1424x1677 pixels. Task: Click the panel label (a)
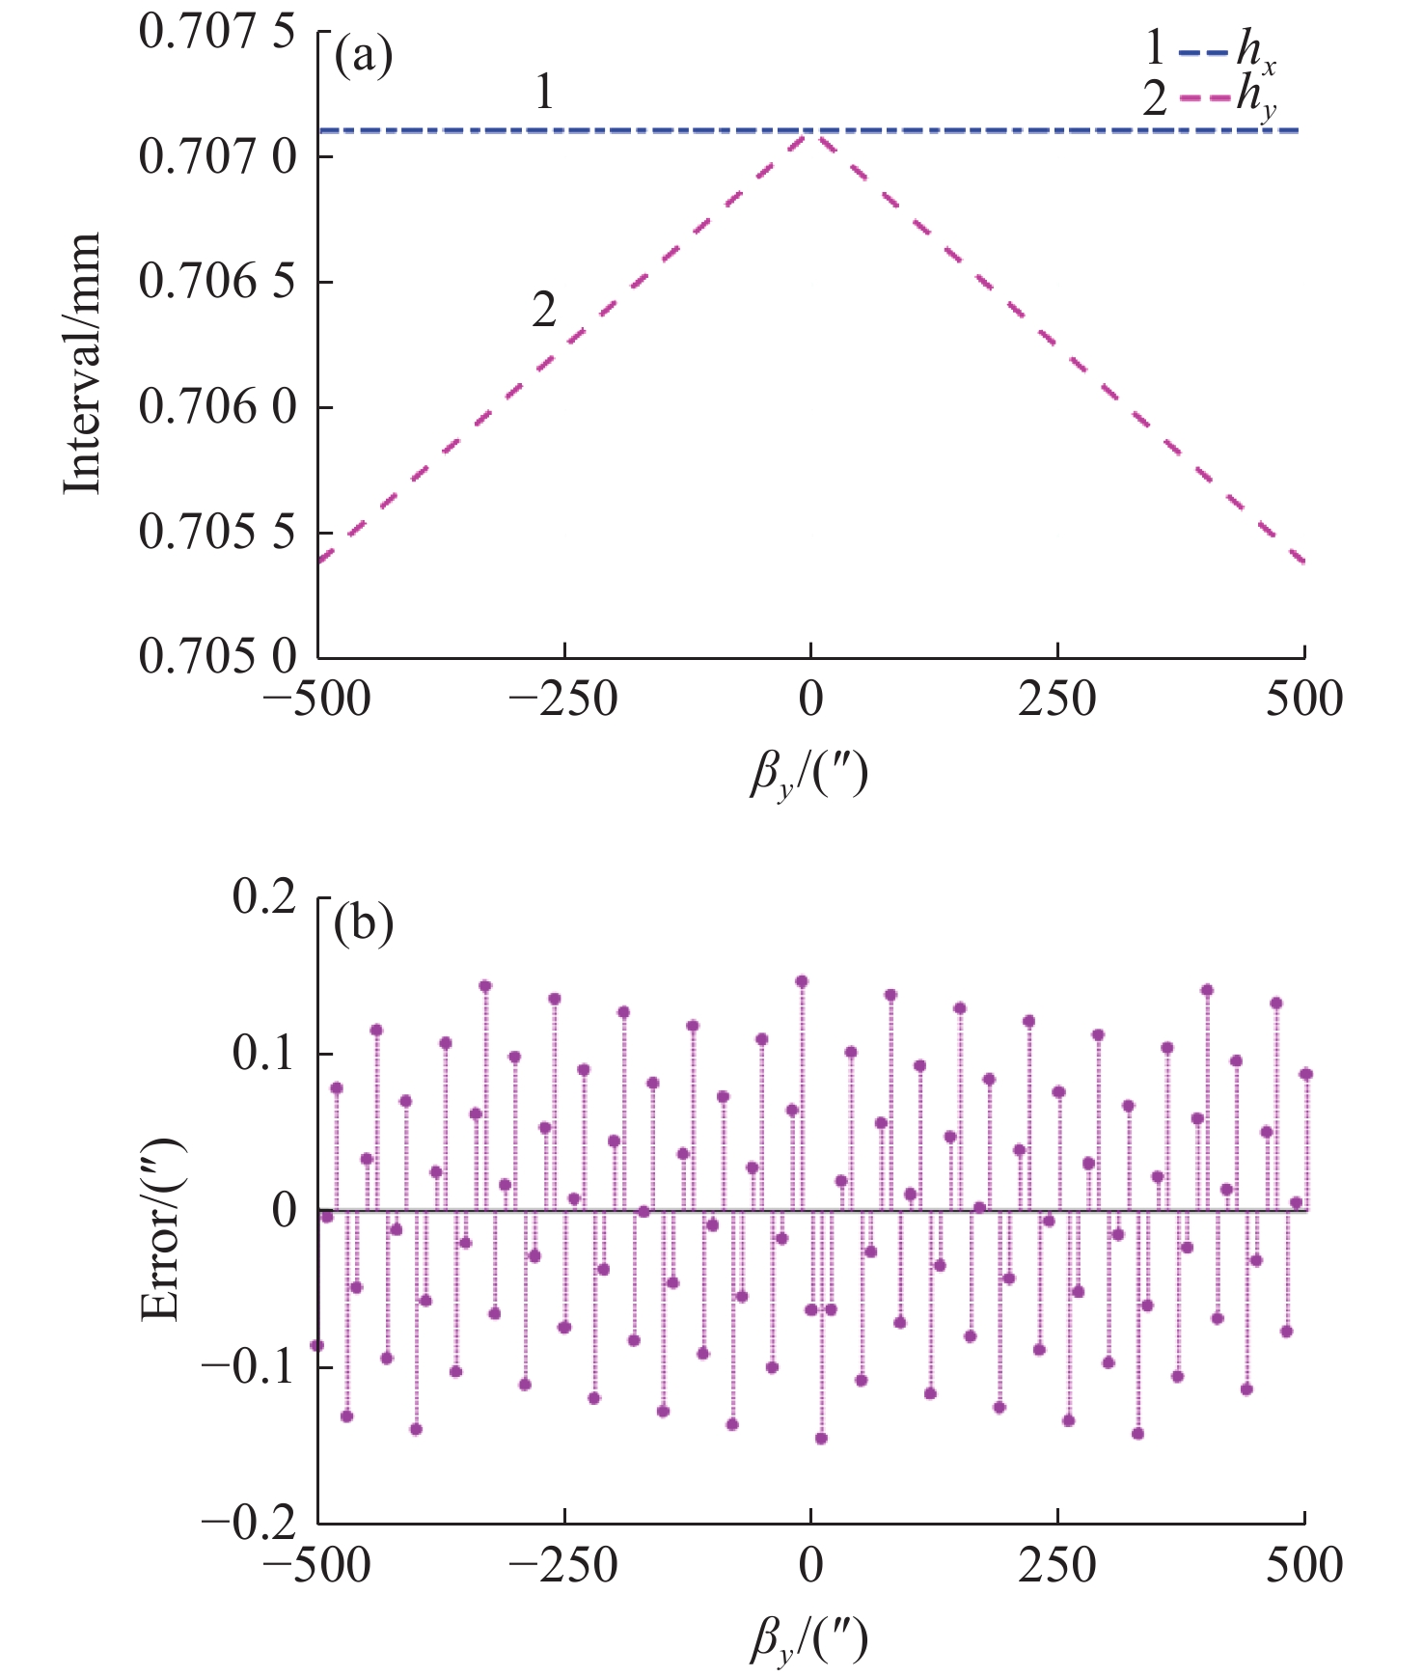pyautogui.click(x=363, y=58)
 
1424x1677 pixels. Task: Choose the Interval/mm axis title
pyautogui.click(x=83, y=363)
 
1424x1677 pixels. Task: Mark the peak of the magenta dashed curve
pyautogui.click(x=811, y=133)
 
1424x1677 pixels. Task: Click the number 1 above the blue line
pyautogui.click(x=544, y=93)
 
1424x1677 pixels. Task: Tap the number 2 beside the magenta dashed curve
pyautogui.click(x=544, y=311)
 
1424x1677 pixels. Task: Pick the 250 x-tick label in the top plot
pyautogui.click(x=1057, y=699)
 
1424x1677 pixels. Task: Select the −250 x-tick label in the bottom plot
pyautogui.click(x=564, y=1565)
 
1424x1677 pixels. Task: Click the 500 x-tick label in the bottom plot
pyautogui.click(x=1304, y=1565)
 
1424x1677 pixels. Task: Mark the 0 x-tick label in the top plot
pyautogui.click(x=811, y=699)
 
